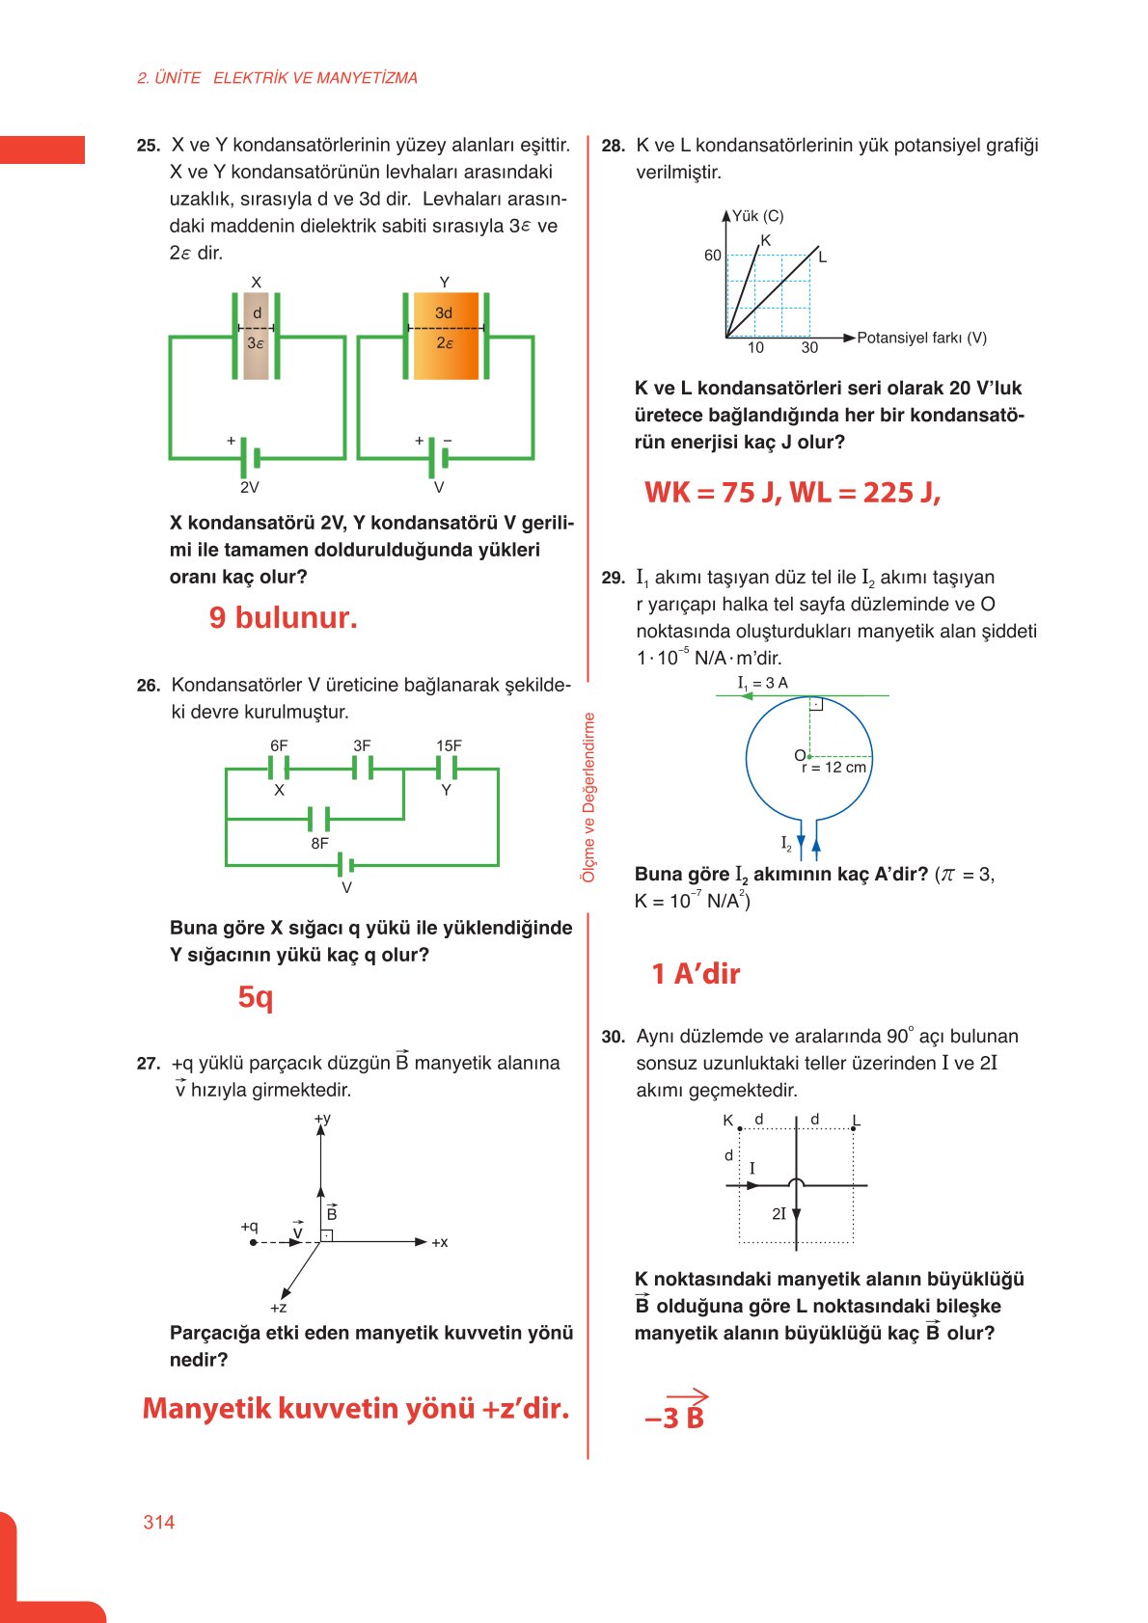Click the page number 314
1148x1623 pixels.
(158, 1522)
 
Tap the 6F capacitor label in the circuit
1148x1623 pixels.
(279, 745)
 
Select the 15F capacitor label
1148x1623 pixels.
(449, 745)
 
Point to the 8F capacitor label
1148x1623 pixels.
(319, 843)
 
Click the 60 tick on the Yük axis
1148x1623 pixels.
(712, 256)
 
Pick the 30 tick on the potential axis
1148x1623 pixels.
(809, 347)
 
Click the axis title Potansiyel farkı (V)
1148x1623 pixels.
(921, 338)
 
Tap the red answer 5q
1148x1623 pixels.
(256, 996)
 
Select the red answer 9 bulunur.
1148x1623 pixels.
(283, 617)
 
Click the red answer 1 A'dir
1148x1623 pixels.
(696, 974)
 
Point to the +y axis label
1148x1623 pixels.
(322, 1119)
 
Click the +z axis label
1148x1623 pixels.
(278, 1308)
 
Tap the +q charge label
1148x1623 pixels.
(249, 1227)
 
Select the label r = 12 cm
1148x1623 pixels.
(834, 768)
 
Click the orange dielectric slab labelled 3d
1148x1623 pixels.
(445, 336)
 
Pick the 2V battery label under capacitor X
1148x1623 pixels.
(249, 488)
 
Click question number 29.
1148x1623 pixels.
(613, 578)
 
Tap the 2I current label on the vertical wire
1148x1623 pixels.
(779, 1214)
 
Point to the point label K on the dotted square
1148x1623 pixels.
(728, 1121)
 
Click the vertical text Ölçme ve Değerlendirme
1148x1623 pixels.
(588, 797)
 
